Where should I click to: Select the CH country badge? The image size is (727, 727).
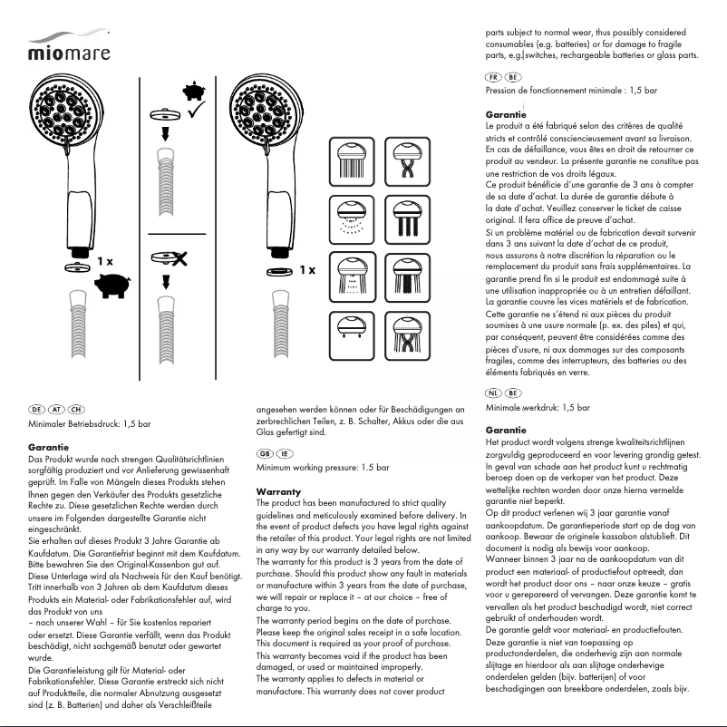point(77,410)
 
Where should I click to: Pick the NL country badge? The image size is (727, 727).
point(495,393)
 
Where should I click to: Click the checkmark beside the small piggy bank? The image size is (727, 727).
point(196,111)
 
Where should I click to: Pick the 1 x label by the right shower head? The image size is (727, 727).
point(307,270)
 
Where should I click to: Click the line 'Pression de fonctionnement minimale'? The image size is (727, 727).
point(571,92)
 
